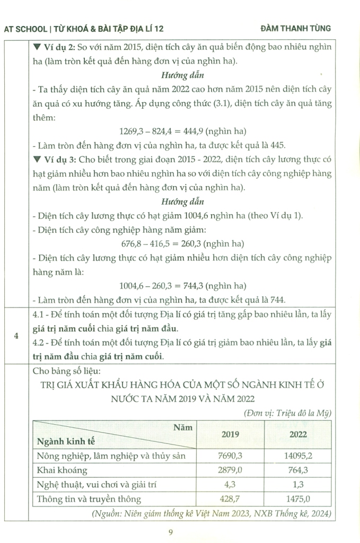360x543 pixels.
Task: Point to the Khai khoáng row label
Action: point(62,470)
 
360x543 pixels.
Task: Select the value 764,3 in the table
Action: point(300,470)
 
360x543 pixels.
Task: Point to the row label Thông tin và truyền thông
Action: point(89,498)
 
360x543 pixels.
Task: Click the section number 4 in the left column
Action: point(17,335)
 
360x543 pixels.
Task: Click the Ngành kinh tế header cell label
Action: point(63,441)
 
